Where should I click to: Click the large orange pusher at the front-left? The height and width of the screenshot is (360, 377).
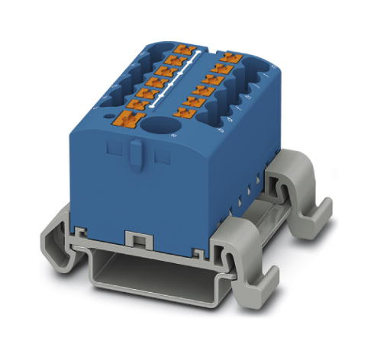[127, 118]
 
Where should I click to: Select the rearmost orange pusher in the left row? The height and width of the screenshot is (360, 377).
[182, 50]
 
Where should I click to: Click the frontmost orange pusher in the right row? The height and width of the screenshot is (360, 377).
[183, 113]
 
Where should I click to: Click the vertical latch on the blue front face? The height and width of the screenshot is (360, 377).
[135, 153]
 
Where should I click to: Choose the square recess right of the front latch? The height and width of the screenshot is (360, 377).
[162, 156]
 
